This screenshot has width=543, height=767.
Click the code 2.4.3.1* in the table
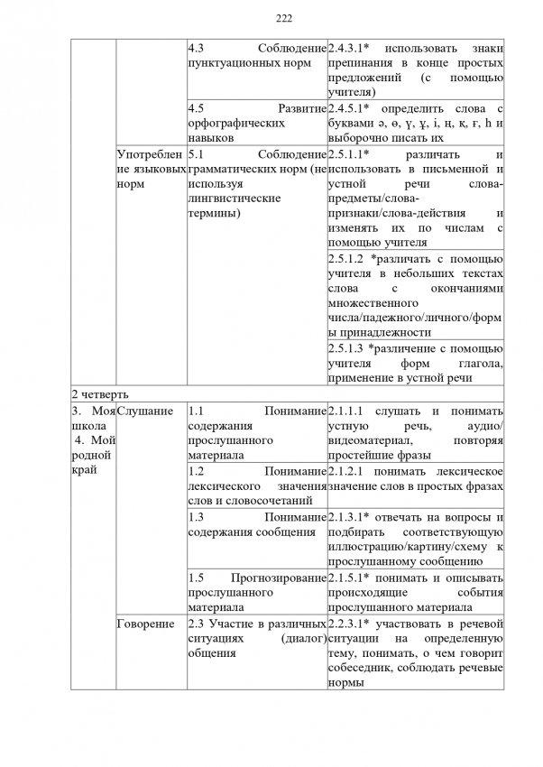[353, 47]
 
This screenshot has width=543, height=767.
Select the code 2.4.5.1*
[353, 108]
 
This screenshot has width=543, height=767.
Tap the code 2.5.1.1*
[353, 154]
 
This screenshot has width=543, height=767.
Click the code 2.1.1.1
[347, 411]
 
